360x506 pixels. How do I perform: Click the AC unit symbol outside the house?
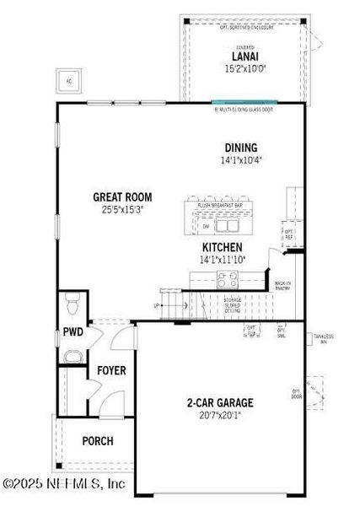[x=69, y=80]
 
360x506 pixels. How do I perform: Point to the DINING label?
[x=240, y=148]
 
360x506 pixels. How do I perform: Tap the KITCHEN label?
[x=222, y=247]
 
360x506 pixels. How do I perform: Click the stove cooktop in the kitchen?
[x=228, y=283]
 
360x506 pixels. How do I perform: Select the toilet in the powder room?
[x=73, y=301]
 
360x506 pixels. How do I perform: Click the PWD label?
[x=73, y=332]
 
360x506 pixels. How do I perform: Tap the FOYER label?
[x=111, y=370]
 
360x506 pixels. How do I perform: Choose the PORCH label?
[x=97, y=441]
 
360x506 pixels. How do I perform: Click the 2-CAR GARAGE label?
[x=220, y=403]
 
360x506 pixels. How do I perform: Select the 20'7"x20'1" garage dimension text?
[x=220, y=415]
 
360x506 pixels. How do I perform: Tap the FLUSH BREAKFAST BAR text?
[x=221, y=205]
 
